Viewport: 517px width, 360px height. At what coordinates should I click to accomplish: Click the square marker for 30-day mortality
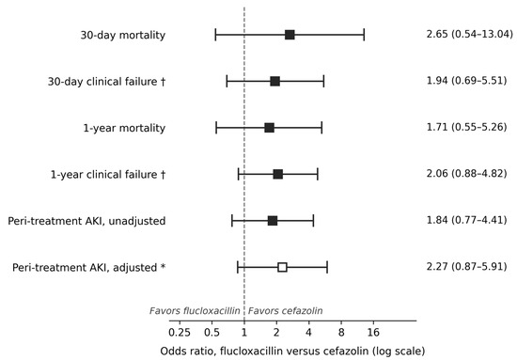point(290,35)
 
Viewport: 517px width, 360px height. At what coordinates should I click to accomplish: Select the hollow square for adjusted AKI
point(282,267)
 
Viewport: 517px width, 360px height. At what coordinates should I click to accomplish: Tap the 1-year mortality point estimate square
point(270,128)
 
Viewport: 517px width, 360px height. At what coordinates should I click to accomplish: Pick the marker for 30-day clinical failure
point(275,81)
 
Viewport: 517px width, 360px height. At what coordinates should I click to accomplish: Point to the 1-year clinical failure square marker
point(278,174)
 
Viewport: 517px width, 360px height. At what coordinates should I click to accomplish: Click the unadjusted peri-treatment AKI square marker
point(273,221)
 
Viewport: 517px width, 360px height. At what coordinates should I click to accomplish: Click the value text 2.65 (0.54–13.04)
point(469,34)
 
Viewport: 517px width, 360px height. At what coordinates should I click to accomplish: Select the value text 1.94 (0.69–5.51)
point(466,81)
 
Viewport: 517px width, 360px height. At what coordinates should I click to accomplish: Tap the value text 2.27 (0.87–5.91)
point(466,266)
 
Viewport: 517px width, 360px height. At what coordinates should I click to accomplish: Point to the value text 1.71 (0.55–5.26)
point(466,127)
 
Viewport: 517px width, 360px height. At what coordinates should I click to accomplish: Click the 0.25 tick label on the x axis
point(180,333)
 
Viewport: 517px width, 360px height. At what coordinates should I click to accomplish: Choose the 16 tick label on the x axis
point(373,333)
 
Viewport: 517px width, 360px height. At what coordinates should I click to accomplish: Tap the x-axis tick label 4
point(308,333)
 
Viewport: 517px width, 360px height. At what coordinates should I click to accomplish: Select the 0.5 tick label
point(211,333)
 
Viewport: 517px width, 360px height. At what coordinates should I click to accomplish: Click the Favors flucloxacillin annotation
point(195,311)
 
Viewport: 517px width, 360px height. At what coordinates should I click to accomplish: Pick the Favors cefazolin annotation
point(285,311)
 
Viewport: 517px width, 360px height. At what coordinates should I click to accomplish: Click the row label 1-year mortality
point(124,128)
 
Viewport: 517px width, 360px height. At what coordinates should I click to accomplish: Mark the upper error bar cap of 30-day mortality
point(364,35)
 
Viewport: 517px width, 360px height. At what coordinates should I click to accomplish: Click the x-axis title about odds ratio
point(292,352)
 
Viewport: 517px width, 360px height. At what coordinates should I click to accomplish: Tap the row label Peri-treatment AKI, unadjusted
point(86,221)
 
